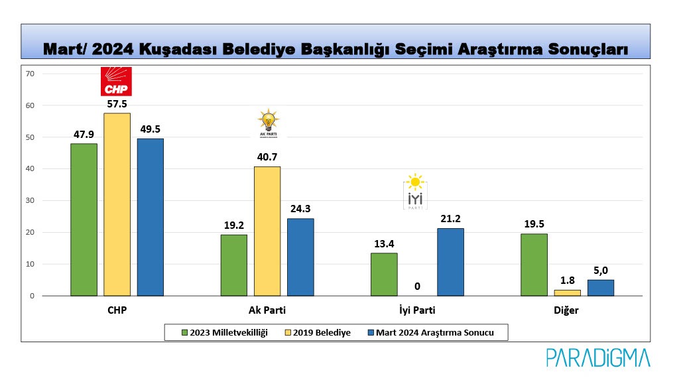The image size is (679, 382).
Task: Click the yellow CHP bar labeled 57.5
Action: coord(117,204)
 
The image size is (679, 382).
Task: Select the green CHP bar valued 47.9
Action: coord(84,220)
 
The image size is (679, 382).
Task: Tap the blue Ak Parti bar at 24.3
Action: coord(300,257)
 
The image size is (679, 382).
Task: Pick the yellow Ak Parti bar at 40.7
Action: coord(267,231)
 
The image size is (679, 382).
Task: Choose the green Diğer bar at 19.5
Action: coord(534,265)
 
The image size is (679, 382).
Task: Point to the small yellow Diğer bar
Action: coord(567,292)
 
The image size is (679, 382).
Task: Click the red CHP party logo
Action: coord(116,82)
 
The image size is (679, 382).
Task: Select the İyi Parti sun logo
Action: coord(415,192)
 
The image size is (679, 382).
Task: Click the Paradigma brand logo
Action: coord(598,358)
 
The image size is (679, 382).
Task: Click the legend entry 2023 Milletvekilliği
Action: coord(225,332)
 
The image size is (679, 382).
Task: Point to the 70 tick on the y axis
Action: coord(30,74)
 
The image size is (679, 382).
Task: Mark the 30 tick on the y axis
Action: coord(30,201)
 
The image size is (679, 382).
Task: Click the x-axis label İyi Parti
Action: coord(416,310)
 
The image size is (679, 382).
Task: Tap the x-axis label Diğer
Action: coord(567,310)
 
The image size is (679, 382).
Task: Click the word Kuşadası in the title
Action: coord(192,49)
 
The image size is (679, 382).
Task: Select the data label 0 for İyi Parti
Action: coord(417,286)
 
